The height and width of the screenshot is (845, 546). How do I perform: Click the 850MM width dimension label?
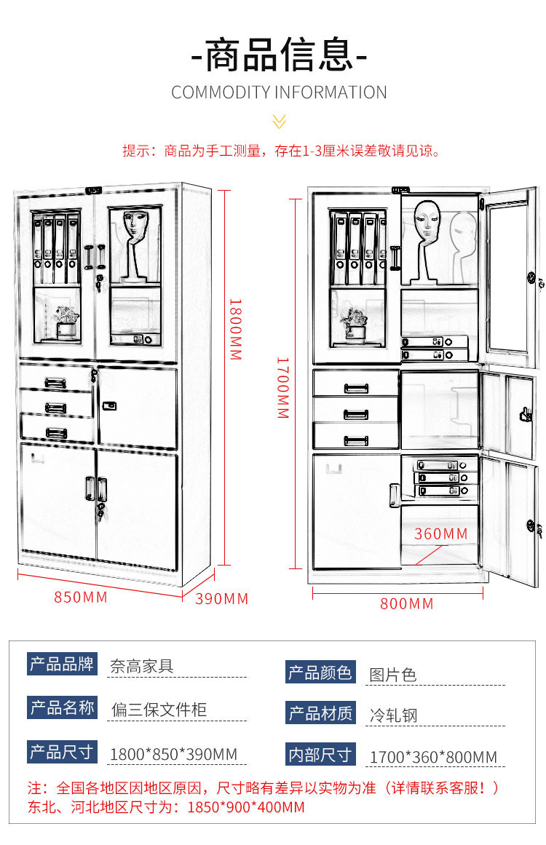click(81, 598)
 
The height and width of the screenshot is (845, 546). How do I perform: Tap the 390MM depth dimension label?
click(222, 599)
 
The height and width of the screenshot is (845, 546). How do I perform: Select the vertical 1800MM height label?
click(234, 329)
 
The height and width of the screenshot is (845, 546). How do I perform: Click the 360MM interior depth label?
click(441, 534)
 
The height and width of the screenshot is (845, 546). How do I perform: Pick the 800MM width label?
click(406, 603)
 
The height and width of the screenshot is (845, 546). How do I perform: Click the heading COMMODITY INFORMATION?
click(279, 92)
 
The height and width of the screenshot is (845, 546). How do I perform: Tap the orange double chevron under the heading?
click(279, 122)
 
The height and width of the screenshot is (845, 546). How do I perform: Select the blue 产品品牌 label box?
click(62, 664)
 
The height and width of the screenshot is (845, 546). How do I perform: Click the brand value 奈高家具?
click(142, 665)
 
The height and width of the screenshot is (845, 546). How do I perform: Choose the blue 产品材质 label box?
click(320, 713)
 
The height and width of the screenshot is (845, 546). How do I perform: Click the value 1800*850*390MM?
click(173, 754)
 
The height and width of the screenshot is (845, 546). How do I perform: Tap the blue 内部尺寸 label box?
click(320, 755)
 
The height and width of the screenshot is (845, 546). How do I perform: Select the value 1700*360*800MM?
click(433, 757)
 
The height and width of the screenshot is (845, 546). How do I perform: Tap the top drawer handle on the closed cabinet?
click(56, 382)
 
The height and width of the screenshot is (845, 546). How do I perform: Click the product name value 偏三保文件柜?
click(159, 709)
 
